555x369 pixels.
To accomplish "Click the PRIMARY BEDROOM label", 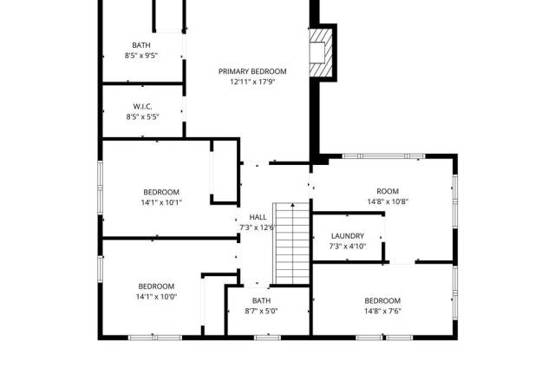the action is [x=252, y=71].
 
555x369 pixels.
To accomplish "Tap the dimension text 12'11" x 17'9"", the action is [x=252, y=82].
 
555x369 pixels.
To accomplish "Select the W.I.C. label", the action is [x=142, y=106].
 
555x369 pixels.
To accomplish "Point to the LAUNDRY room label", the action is [x=348, y=236].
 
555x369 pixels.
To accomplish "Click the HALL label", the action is [x=258, y=217].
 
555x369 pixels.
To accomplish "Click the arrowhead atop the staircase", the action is [x=293, y=205].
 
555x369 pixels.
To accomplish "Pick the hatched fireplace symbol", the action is [x=322, y=52].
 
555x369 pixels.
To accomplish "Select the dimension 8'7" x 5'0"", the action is [x=261, y=311].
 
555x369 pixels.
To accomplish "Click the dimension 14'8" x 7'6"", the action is [x=382, y=311].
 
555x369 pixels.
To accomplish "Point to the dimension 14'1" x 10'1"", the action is [x=161, y=202].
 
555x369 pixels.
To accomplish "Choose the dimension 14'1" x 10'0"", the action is [x=156, y=297].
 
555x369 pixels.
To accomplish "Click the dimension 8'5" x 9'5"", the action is [x=140, y=56].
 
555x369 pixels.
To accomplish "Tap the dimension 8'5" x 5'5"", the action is [x=142, y=116].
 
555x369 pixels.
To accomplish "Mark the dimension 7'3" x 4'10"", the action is [x=348, y=247].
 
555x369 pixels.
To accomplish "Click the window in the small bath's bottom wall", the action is [x=268, y=337].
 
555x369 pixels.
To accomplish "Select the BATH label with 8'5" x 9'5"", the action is [x=141, y=45].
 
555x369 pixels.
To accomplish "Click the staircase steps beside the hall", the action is [x=292, y=243].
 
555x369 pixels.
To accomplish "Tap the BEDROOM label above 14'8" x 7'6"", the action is [x=382, y=301].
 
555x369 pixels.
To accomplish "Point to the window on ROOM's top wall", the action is [x=383, y=156].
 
